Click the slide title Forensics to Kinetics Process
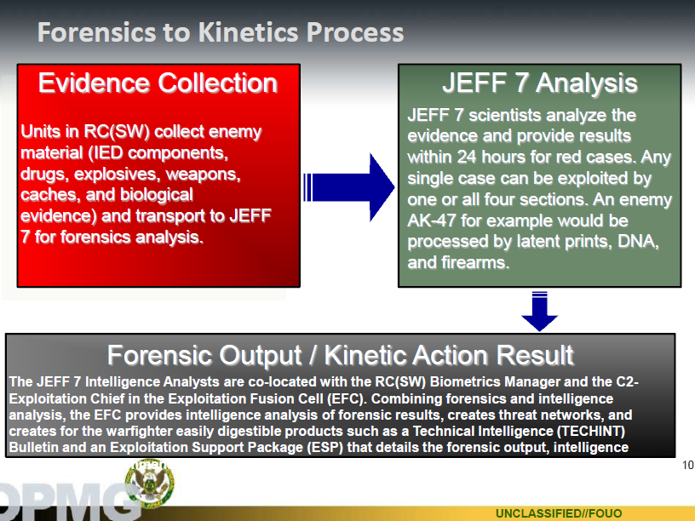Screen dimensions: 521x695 click(220, 32)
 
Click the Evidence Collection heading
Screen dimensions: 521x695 click(158, 83)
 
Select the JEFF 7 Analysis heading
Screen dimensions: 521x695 click(539, 83)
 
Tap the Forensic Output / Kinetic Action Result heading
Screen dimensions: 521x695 click(340, 355)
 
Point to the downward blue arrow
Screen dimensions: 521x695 click(539, 311)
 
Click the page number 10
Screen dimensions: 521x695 click(687, 466)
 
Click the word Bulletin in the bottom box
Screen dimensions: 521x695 click(32, 448)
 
